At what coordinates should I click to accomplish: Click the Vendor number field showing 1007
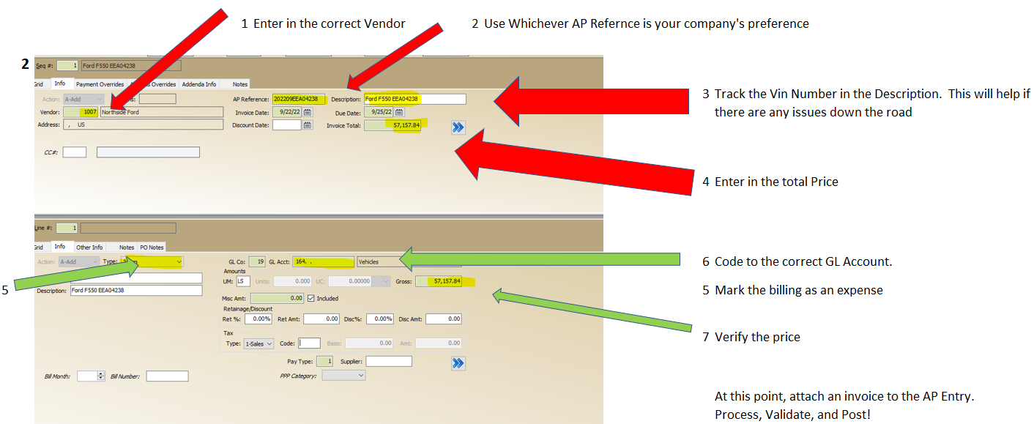pos(81,112)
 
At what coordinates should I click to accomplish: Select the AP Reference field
pos(298,99)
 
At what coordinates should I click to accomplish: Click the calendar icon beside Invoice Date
pos(308,112)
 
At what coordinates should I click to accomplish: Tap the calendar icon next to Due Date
pos(399,112)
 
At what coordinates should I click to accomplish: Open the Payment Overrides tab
pos(100,84)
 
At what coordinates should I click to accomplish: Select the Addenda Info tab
pos(199,84)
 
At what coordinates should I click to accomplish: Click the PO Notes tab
pos(152,248)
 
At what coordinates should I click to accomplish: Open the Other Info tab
pos(89,248)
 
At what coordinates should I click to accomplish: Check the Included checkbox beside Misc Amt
pos(311,299)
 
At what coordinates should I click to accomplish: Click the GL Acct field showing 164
pos(323,261)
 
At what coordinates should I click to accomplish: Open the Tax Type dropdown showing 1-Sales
pos(258,343)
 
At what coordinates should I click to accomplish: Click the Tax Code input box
pos(309,343)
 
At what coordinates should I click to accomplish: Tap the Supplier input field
pos(388,361)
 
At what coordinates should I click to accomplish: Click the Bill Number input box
pos(167,376)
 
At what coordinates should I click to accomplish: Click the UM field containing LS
pos(243,281)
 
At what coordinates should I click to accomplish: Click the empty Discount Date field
pos(287,125)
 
